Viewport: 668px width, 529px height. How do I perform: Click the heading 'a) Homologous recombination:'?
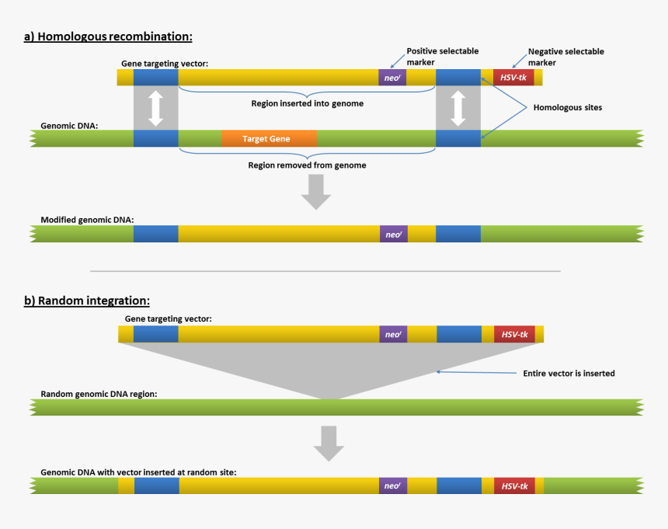click(x=108, y=37)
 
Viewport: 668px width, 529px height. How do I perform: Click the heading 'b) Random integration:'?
click(x=87, y=301)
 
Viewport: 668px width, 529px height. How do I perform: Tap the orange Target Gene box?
click(x=268, y=139)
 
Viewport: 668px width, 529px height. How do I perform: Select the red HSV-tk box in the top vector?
click(x=513, y=77)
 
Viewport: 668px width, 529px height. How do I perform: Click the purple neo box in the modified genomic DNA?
click(x=393, y=234)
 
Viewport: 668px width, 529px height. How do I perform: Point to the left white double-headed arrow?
click(x=155, y=108)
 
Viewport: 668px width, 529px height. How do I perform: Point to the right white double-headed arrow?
click(x=458, y=108)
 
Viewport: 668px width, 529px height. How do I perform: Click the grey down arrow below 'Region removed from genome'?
click(x=315, y=192)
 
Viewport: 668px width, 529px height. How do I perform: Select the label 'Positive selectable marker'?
click(x=442, y=57)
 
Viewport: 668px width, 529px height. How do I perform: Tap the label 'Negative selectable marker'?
click(x=565, y=57)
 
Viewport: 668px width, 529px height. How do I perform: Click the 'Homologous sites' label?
click(x=566, y=108)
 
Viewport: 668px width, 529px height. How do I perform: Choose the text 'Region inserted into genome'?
click(x=307, y=103)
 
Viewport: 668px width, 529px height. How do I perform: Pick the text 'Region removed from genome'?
click(x=307, y=165)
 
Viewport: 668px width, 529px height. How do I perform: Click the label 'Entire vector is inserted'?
click(x=569, y=374)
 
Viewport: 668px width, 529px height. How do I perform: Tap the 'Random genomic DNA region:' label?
click(x=99, y=394)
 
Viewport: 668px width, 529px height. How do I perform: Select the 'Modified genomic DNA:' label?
click(x=87, y=220)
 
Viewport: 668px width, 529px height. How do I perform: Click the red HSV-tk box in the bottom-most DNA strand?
click(x=515, y=486)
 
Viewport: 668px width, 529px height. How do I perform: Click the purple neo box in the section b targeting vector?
click(x=393, y=335)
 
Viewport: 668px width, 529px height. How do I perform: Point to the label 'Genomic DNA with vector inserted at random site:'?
click(x=138, y=472)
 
